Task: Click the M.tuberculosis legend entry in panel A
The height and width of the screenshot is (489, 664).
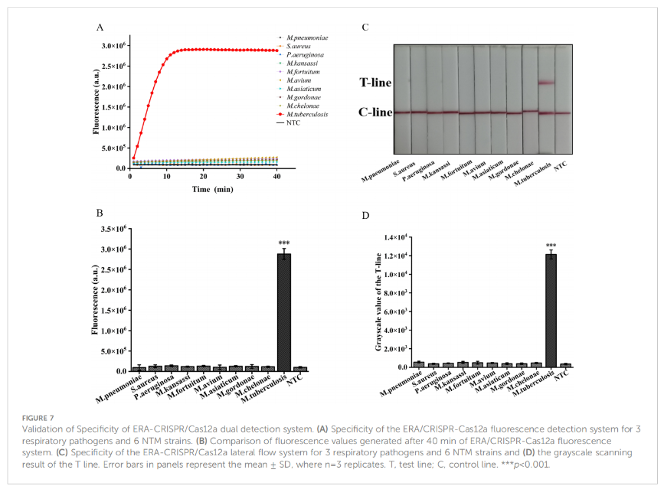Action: click(302, 114)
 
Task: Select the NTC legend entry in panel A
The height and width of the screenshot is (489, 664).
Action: click(289, 122)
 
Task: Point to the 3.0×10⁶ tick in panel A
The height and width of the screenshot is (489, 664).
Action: click(113, 46)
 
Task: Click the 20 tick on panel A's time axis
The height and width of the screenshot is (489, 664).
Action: click(204, 177)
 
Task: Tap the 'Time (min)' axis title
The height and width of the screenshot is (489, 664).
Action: click(213, 189)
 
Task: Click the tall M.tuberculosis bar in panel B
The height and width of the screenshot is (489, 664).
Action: click(283, 312)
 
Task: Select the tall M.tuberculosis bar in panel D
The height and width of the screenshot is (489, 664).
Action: click(551, 311)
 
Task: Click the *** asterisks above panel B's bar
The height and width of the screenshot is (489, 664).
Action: click(283, 243)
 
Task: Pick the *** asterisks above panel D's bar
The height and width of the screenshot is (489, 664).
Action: click(551, 246)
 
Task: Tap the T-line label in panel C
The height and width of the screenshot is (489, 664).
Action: click(375, 83)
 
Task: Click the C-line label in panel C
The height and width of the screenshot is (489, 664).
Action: click(375, 112)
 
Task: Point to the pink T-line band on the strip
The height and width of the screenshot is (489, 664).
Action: click(546, 83)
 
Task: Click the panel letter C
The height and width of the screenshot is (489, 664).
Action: click(365, 28)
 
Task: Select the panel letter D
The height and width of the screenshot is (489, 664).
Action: click(365, 216)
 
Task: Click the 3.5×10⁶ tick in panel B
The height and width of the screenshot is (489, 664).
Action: click(113, 229)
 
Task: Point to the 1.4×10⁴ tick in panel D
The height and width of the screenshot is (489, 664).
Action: click(395, 237)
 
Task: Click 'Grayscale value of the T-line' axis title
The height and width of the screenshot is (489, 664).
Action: click(378, 302)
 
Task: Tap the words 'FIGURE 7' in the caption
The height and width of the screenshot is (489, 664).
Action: click(38, 418)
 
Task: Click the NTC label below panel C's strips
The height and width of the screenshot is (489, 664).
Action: click(561, 166)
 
